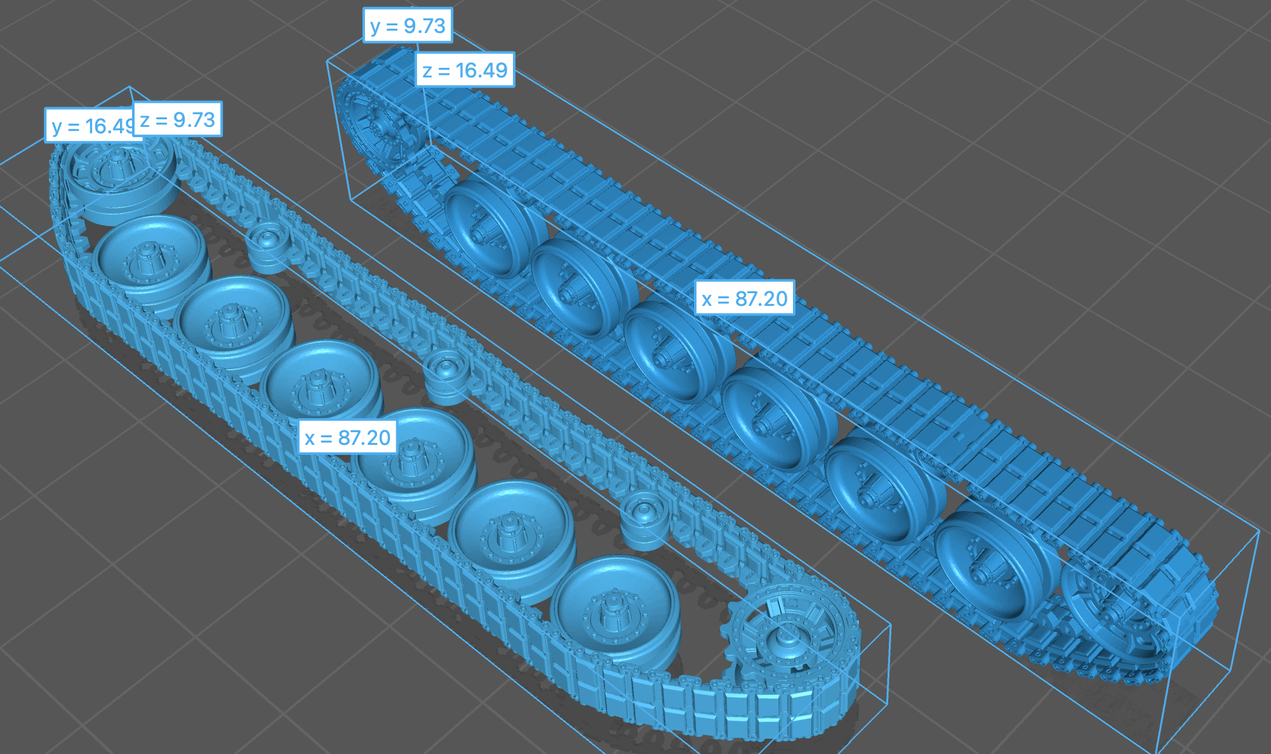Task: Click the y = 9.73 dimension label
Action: coord(408,25)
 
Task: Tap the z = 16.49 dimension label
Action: coord(465,70)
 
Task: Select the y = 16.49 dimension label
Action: coord(91,126)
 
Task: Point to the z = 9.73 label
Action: coord(177,119)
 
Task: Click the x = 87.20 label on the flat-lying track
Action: coord(347,437)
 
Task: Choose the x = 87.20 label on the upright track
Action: coord(745,298)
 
